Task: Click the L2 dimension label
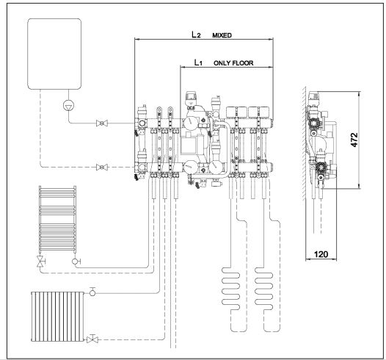196,35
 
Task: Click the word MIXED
222,35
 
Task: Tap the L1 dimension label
198,62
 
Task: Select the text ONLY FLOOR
233,63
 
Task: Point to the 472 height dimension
354,140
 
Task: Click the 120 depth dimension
321,254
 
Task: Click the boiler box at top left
54,54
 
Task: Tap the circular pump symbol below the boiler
69,106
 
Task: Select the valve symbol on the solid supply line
102,123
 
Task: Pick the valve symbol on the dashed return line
102,168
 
